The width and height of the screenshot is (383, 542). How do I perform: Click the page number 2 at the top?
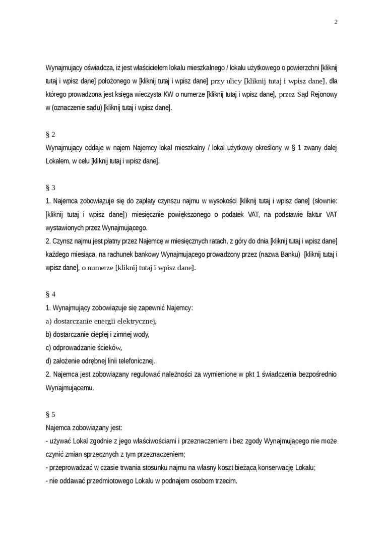[336, 22]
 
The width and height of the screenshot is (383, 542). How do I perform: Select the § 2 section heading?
[50, 135]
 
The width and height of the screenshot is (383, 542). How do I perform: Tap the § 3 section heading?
[50, 188]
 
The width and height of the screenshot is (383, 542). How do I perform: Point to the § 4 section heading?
[50, 294]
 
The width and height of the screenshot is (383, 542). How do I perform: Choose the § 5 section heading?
[50, 414]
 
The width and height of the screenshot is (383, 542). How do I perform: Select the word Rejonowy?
[322, 94]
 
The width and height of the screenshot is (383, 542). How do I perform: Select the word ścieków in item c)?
[109, 347]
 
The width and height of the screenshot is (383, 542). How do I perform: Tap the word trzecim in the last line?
[225, 481]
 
